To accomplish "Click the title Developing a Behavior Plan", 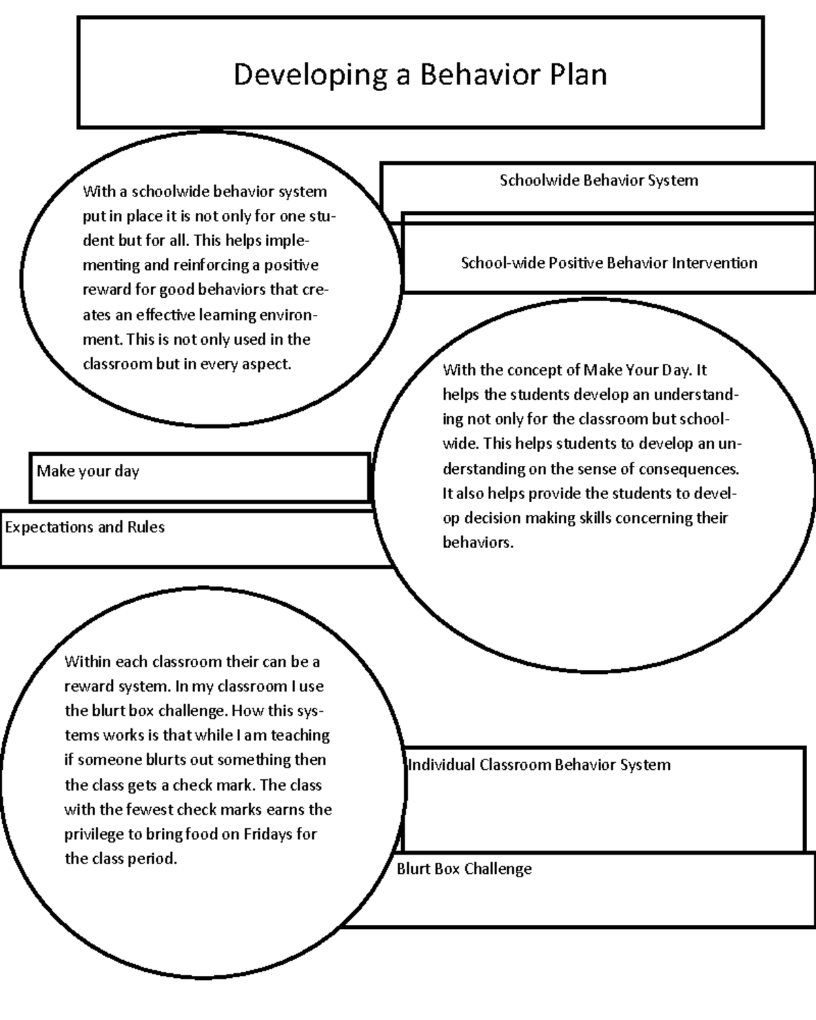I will click(420, 74).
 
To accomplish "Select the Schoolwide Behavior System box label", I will click(598, 180).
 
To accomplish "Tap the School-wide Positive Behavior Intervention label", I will click(609, 263).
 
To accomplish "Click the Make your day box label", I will click(88, 471).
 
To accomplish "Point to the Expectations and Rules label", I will click(84, 527).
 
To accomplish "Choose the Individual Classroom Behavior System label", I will click(539, 765).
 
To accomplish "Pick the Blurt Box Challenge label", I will click(464, 869).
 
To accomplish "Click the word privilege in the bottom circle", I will click(94, 834).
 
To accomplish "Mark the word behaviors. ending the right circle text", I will click(478, 543).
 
